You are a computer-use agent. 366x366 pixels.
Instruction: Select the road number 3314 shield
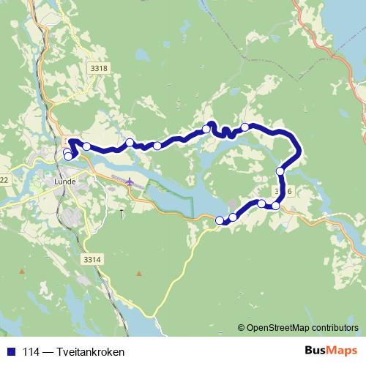point(91,259)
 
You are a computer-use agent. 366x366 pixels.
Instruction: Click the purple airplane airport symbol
point(130,181)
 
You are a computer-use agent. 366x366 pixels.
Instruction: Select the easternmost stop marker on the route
point(280,171)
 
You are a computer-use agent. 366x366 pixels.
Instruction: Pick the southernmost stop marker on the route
point(220,220)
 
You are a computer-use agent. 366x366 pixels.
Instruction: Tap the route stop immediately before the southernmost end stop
point(233,217)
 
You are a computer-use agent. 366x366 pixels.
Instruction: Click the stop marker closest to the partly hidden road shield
point(275,206)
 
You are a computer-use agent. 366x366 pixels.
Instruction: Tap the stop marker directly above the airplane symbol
point(130,142)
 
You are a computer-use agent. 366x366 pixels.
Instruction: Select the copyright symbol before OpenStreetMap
point(242,328)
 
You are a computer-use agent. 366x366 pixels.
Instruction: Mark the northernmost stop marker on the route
point(245,127)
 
